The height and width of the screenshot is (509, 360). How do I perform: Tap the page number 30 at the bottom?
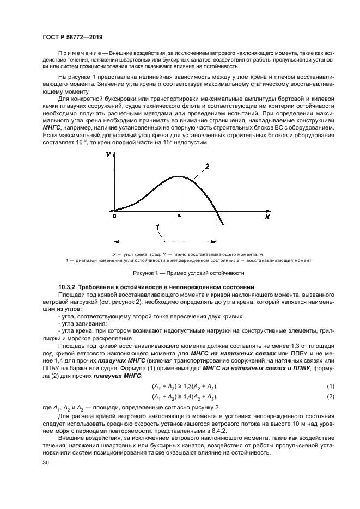46,463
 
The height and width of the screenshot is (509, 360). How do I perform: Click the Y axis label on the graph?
108,155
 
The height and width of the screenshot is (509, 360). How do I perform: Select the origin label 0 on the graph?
114,216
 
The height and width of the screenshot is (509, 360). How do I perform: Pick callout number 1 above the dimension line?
158,226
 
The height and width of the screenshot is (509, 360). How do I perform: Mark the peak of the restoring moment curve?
179,176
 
